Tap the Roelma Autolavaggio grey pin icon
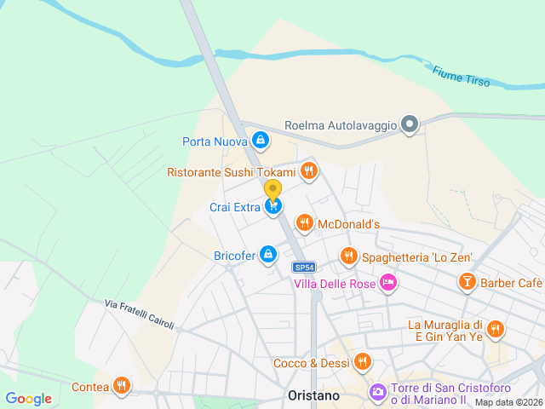(x=410, y=125)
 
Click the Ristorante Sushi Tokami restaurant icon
(x=308, y=171)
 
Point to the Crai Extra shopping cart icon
(x=273, y=206)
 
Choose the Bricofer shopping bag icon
(x=268, y=254)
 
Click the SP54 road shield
(x=307, y=266)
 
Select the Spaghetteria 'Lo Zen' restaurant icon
(x=348, y=256)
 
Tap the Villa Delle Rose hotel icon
(x=388, y=282)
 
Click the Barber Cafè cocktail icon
(x=467, y=282)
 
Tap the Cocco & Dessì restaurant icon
(x=363, y=362)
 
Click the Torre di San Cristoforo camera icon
(x=376, y=393)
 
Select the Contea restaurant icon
(x=123, y=386)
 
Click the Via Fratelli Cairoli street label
(x=140, y=314)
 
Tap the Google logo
(x=28, y=399)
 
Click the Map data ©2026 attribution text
(x=508, y=403)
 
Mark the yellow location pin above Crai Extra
(x=272, y=189)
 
